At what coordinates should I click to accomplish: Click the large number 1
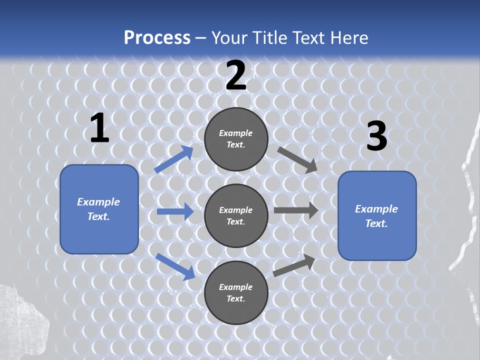(x=99, y=128)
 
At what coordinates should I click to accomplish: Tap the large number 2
(x=235, y=76)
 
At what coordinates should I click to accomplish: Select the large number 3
(x=376, y=137)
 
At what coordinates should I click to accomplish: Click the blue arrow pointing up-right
(x=174, y=159)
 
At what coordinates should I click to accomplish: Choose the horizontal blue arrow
(x=175, y=211)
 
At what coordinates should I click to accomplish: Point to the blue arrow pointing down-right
(x=175, y=266)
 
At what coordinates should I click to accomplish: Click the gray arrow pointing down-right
(x=297, y=159)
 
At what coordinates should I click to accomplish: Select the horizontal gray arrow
(x=296, y=210)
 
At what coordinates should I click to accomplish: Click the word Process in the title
(x=157, y=37)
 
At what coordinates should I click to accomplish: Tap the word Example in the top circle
(x=235, y=133)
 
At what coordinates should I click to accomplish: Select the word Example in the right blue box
(x=376, y=209)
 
